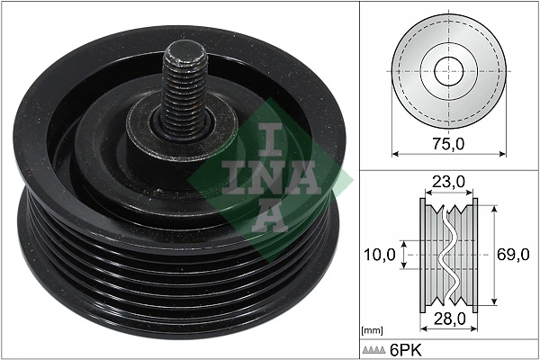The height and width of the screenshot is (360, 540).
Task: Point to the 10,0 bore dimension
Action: (x=379, y=256)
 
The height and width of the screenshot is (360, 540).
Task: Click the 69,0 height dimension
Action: (x=513, y=256)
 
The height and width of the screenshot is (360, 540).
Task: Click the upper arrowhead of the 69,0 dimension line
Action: (x=490, y=206)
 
